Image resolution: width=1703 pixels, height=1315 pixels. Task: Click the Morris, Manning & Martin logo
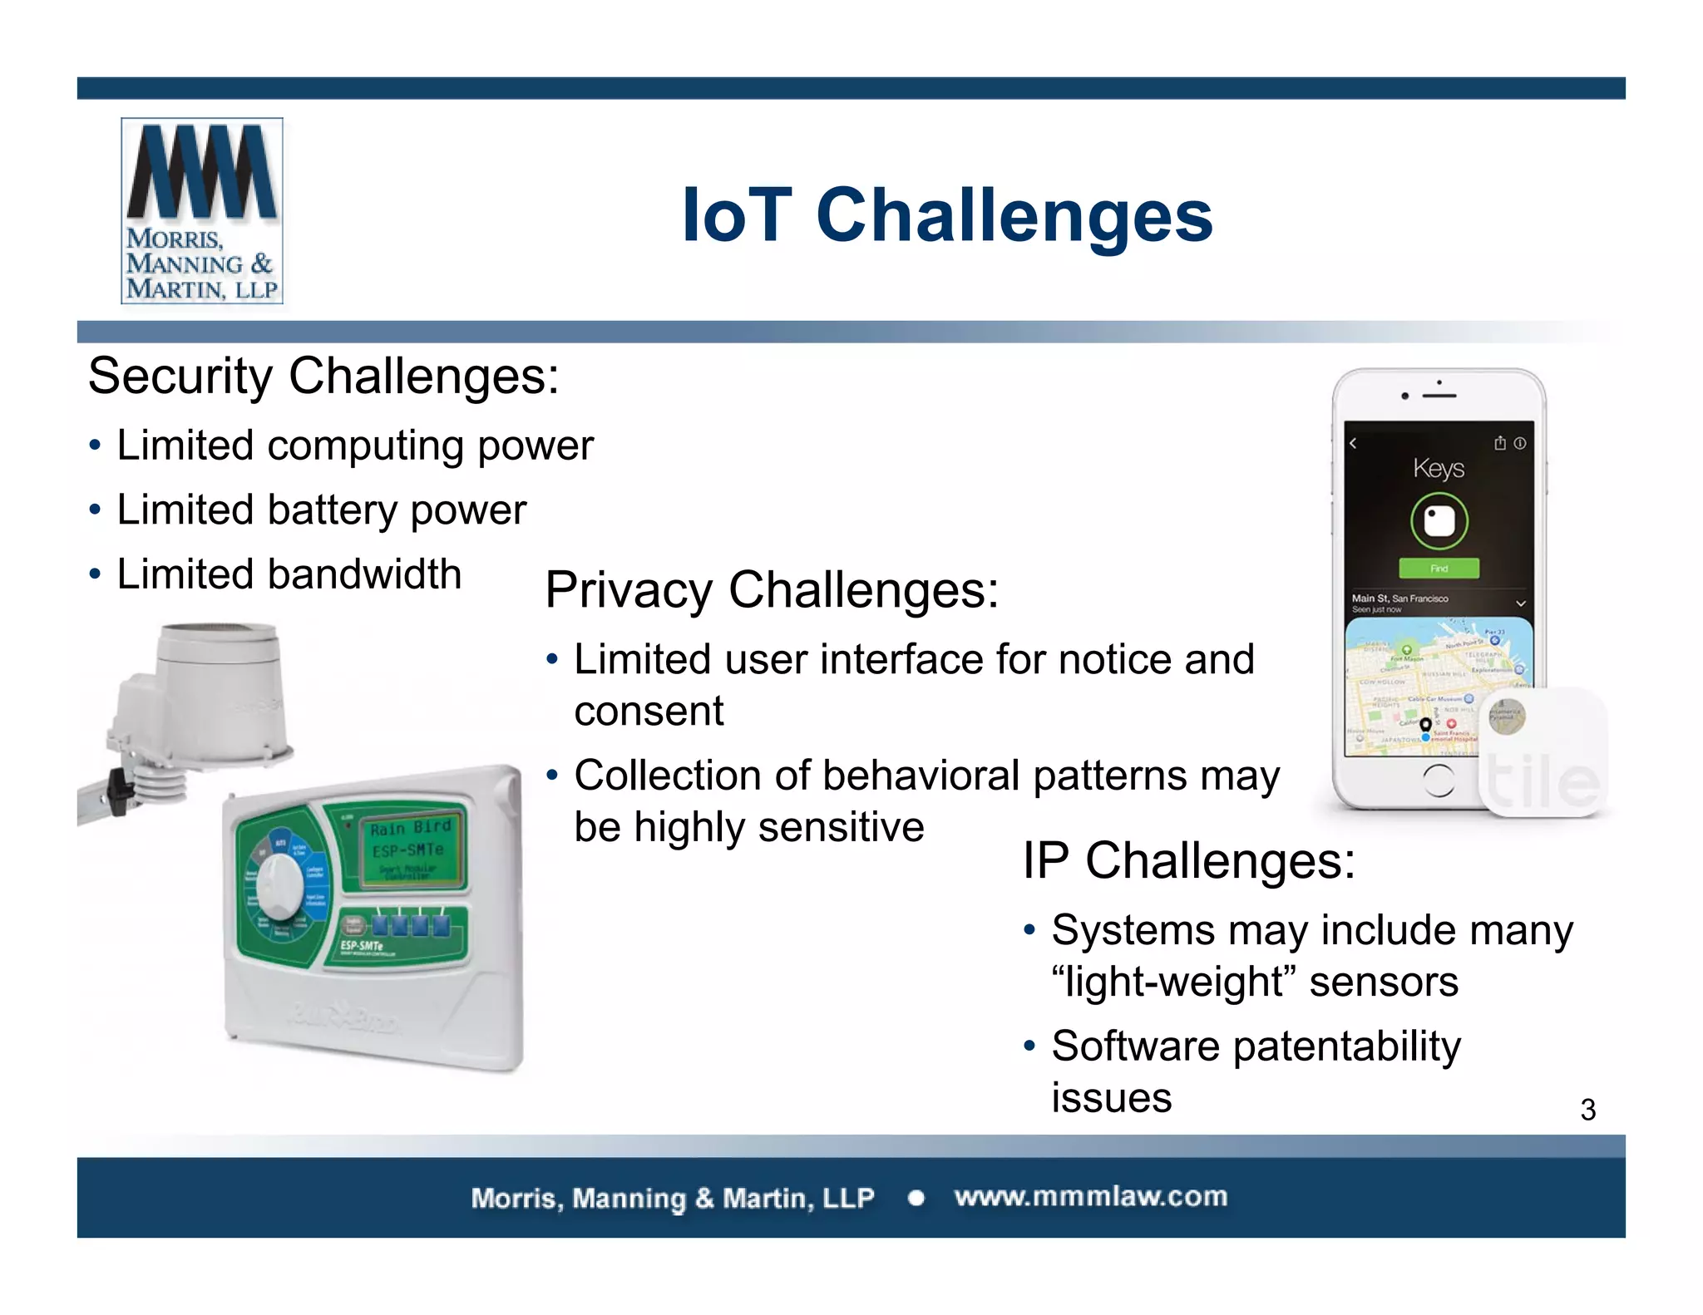pyautogui.click(x=202, y=211)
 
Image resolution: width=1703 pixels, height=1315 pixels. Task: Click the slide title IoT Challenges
pyautogui.click(x=947, y=215)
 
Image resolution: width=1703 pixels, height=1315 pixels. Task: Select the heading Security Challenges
pyautogui.click(x=323, y=377)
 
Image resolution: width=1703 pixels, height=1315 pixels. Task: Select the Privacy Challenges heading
pyautogui.click(x=771, y=590)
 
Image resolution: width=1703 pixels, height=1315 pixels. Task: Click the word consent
pyautogui.click(x=649, y=712)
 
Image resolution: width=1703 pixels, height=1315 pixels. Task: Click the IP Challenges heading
pyautogui.click(x=1188, y=860)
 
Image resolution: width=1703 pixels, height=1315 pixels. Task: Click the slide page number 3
pyautogui.click(x=1587, y=1111)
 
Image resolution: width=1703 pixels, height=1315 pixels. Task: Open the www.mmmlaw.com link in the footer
pyautogui.click(x=1090, y=1197)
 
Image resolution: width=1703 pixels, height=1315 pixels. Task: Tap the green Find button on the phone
pyautogui.click(x=1439, y=569)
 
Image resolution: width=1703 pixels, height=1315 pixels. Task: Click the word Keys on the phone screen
pyautogui.click(x=1439, y=468)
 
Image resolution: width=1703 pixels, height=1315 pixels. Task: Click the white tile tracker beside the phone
pyautogui.click(x=1543, y=752)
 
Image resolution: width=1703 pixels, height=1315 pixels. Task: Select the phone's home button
pyautogui.click(x=1439, y=781)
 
